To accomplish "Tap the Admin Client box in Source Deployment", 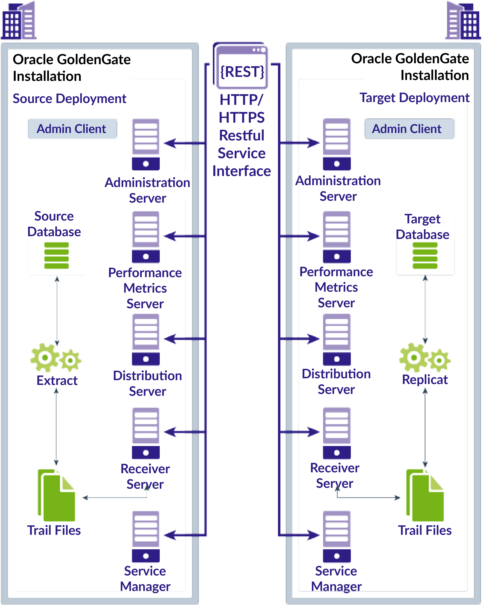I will coord(72,129).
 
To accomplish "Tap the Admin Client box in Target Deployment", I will coord(409,129).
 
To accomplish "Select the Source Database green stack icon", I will coord(56,255).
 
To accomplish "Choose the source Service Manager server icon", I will coord(146,536).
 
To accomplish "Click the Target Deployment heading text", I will coord(414,98).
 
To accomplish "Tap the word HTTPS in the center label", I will coord(242,118).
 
